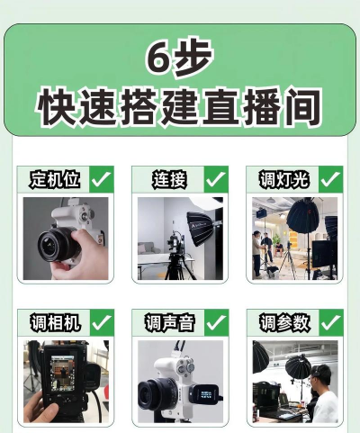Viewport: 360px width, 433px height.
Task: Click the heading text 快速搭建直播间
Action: tap(179, 106)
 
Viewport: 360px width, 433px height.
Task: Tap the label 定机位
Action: tap(55, 179)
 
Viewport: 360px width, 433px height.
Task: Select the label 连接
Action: tap(169, 179)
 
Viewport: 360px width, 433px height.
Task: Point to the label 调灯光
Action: tap(283, 179)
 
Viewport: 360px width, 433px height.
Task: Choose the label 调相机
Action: tap(55, 322)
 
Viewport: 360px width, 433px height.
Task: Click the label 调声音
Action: tap(170, 322)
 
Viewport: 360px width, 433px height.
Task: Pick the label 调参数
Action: tap(284, 322)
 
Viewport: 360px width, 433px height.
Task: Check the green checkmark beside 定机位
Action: tap(102, 179)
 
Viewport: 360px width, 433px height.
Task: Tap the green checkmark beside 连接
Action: tap(216, 179)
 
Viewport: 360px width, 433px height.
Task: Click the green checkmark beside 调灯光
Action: tap(330, 179)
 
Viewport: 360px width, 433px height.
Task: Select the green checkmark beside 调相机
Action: tap(102, 322)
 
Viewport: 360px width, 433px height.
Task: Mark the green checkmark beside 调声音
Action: tap(216, 322)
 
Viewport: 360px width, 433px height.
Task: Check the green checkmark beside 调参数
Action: tap(331, 322)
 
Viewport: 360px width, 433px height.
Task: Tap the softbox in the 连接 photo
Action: tap(199, 229)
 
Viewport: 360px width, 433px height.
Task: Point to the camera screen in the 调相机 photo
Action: tap(63, 373)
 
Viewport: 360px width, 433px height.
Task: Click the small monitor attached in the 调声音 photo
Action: tap(206, 394)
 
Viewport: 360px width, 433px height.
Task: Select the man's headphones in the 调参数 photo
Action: tap(317, 372)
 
